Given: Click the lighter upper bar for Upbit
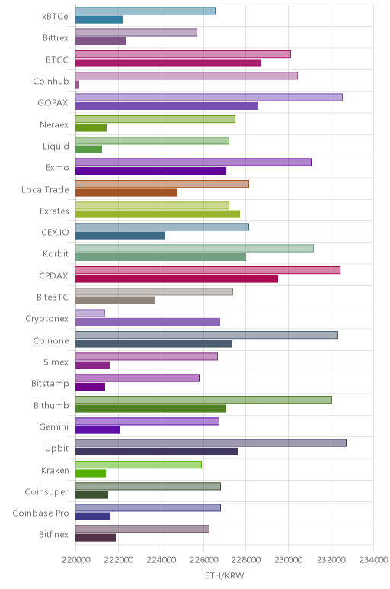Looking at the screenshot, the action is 211,443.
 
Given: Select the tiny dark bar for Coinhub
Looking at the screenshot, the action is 77,85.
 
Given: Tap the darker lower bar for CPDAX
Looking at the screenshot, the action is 177,278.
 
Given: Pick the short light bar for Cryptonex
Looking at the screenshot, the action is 90,313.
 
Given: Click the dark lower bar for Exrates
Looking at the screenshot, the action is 158,214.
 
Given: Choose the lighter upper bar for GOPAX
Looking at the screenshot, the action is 209,98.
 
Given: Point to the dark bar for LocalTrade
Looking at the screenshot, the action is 126,193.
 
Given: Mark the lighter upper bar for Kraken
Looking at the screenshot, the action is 139,465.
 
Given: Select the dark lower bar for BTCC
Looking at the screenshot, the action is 168,63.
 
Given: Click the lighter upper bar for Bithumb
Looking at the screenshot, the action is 203,400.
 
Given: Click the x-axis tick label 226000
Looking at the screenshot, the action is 203,560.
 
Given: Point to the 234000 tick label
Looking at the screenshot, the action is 373,560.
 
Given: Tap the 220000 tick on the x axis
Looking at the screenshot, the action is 75,560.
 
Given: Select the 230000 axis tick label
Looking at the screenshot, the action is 289,560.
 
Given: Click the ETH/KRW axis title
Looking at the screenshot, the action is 224,575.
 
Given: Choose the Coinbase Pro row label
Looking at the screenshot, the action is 40,513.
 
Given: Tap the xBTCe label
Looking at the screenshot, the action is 55,17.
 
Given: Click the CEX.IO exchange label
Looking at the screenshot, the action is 55,233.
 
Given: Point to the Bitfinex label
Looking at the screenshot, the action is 53,535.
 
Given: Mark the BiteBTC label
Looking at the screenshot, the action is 53,297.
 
